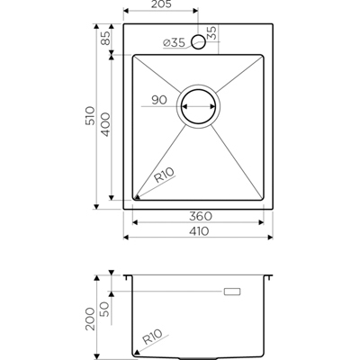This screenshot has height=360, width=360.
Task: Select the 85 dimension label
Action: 105,39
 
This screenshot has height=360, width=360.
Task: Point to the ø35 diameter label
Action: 175,42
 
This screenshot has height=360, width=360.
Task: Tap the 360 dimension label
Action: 199,217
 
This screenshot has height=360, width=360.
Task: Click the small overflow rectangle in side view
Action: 233,292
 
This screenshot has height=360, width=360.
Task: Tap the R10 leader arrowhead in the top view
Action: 137,198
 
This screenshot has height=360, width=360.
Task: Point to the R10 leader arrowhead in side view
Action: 134,352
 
